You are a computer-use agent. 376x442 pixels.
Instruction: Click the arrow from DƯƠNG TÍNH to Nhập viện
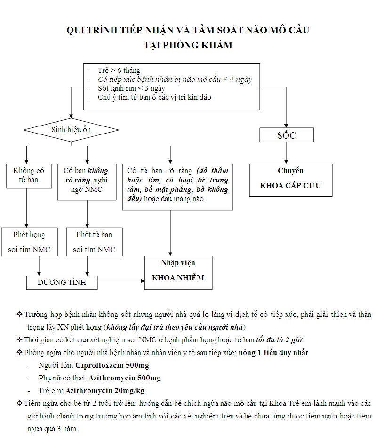pyautogui.click(x=121, y=281)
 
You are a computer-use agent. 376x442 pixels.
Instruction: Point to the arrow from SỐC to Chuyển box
pyautogui.click(x=286, y=153)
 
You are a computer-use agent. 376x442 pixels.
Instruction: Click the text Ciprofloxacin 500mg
pyautogui.click(x=112, y=365)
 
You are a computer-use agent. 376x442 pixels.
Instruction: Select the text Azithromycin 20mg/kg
pyautogui.click(x=105, y=391)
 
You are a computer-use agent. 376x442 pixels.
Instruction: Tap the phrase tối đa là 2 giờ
pyautogui.click(x=279, y=339)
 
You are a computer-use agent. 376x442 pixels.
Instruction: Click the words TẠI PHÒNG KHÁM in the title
pyautogui.click(x=188, y=45)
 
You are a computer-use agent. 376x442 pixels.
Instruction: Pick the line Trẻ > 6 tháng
pyautogui.click(x=119, y=70)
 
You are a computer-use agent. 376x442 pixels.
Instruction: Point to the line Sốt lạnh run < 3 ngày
pyautogui.click(x=131, y=88)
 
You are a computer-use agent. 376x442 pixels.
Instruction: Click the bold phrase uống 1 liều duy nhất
pyautogui.click(x=273, y=352)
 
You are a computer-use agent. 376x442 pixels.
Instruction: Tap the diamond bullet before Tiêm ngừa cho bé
pyautogui.click(x=19, y=403)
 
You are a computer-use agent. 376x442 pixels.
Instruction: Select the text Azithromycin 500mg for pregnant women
pyautogui.click(x=125, y=378)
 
